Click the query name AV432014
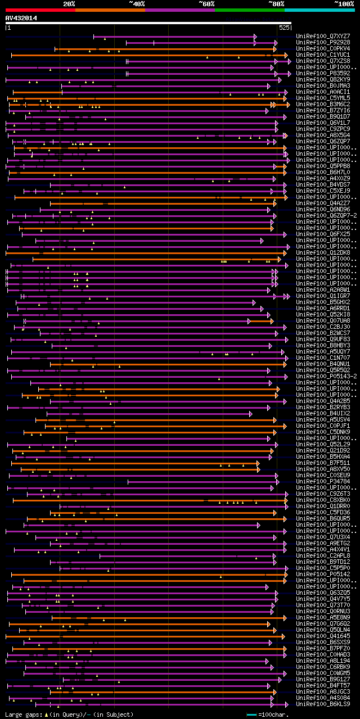(21, 18)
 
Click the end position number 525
(284, 27)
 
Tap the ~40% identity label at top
(137, 4)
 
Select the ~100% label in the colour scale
(344, 4)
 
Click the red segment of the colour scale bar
(40, 10)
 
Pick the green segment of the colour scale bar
(249, 10)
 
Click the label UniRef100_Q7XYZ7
(323, 36)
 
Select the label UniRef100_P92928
(323, 42)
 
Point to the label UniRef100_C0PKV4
(323, 48)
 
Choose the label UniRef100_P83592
(323, 73)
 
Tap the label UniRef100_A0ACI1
(323, 92)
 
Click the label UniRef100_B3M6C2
(323, 104)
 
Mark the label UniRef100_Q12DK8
(323, 252)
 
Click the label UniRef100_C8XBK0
(323, 500)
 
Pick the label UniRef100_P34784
(323, 481)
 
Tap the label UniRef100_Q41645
(323, 636)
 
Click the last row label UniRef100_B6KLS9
(323, 704)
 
